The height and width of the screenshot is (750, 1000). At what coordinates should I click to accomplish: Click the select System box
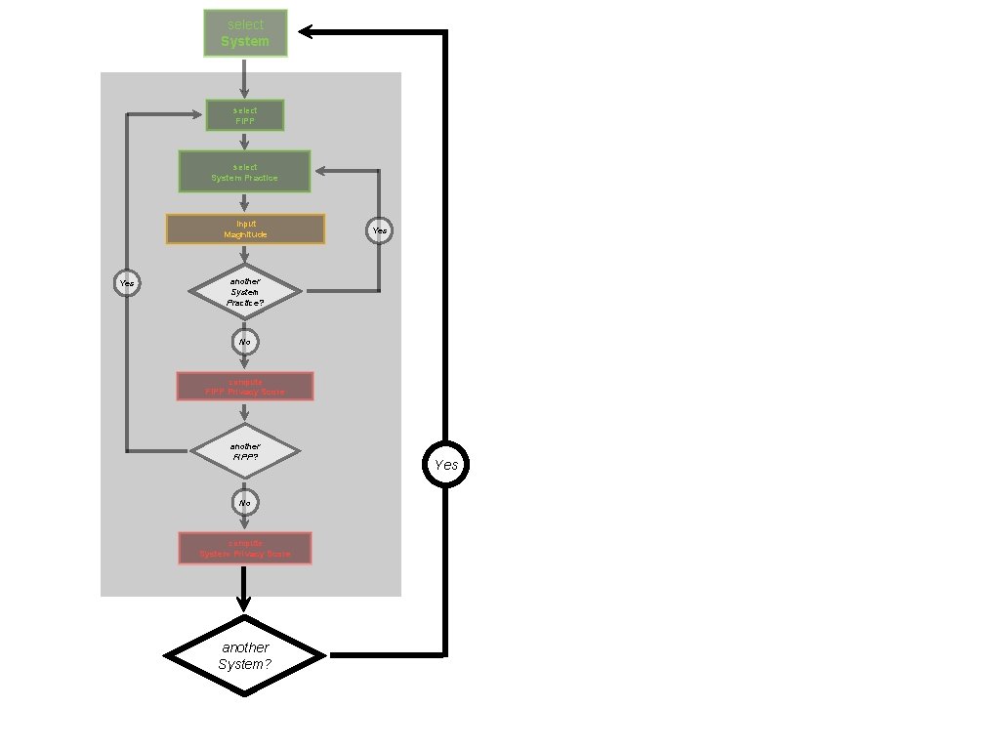pyautogui.click(x=245, y=33)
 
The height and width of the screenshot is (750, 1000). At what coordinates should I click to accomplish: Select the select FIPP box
pyautogui.click(x=245, y=115)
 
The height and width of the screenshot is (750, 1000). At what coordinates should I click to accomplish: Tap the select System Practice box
pyautogui.click(x=244, y=172)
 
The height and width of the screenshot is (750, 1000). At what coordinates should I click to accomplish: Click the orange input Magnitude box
pyautogui.click(x=245, y=229)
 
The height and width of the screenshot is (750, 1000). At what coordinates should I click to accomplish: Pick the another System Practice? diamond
pyautogui.click(x=245, y=292)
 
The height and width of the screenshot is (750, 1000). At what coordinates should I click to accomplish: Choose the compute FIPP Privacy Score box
pyautogui.click(x=245, y=386)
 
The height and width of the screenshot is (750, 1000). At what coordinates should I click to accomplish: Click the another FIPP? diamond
pyautogui.click(x=245, y=451)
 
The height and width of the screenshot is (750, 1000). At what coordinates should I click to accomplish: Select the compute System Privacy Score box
pyautogui.click(x=245, y=548)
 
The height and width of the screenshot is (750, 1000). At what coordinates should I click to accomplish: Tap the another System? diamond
pyautogui.click(x=244, y=655)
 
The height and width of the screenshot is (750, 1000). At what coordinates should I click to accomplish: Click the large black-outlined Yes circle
pyautogui.click(x=445, y=465)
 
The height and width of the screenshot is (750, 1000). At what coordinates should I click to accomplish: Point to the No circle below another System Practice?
pyautogui.click(x=245, y=342)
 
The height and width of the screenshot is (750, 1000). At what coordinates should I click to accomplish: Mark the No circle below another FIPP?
pyautogui.click(x=245, y=503)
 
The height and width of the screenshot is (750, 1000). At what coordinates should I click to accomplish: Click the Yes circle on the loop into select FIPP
pyautogui.click(x=127, y=283)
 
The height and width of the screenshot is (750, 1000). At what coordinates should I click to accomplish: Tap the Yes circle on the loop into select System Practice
pyautogui.click(x=380, y=230)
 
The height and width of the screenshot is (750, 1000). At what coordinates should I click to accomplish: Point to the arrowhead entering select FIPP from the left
pyautogui.click(x=197, y=115)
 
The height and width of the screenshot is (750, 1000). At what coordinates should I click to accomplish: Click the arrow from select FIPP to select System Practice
pyautogui.click(x=245, y=141)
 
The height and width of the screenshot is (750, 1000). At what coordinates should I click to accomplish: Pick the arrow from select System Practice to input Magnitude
pyautogui.click(x=245, y=203)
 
